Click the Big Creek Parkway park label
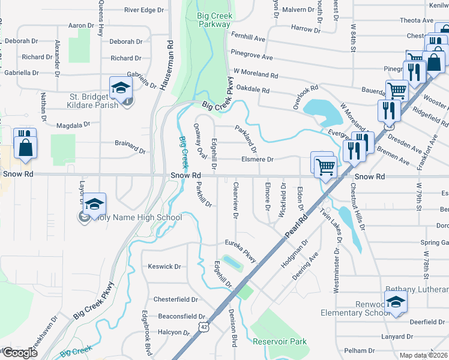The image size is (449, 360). (213, 20)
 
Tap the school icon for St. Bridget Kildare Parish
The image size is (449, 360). (121, 88)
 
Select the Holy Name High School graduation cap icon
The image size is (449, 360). (94, 204)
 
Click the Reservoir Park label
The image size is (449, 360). (280, 342)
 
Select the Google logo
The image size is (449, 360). (19, 353)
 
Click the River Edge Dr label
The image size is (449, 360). (144, 10)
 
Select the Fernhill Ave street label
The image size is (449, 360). (247, 38)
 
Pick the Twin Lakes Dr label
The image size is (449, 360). (332, 225)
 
